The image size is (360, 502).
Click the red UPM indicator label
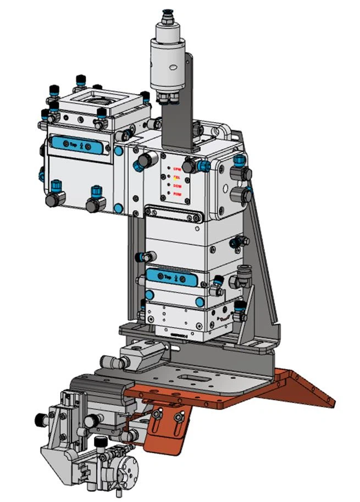coord(177,169)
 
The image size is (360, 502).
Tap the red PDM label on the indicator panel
coord(177,194)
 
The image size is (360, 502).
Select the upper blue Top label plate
coord(77,146)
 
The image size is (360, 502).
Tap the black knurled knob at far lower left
coord(39,420)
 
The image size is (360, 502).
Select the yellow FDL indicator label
coord(177,177)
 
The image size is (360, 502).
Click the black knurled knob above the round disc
coord(101,442)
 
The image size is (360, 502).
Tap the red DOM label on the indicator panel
coord(177,186)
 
